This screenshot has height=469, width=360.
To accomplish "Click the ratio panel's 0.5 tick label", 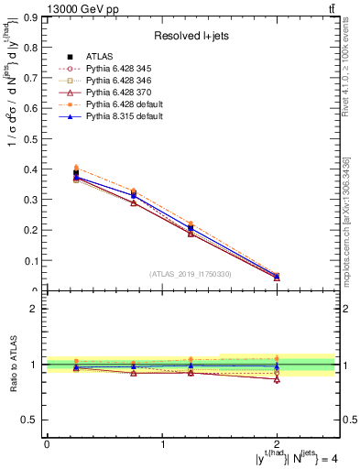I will (34, 420).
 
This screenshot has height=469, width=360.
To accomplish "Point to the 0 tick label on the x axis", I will (47, 444).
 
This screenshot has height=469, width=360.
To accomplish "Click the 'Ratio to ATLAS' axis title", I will (12, 365).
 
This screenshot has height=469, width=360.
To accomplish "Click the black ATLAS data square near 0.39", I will (76, 173).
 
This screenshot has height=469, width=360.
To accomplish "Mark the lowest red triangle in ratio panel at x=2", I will (278, 379).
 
